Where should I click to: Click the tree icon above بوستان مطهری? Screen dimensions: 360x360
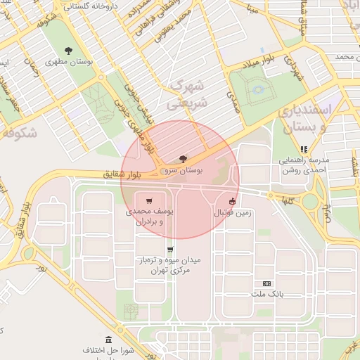click(x=68, y=50)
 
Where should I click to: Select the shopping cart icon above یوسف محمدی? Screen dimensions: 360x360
click(x=148, y=200)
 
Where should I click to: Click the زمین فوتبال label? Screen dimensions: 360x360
click(x=233, y=212)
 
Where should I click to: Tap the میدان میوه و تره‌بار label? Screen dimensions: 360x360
click(x=169, y=264)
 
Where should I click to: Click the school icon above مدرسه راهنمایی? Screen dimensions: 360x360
click(x=304, y=149)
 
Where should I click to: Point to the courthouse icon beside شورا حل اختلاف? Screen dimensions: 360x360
click(x=108, y=340)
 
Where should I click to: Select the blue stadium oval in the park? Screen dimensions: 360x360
click(x=258, y=90)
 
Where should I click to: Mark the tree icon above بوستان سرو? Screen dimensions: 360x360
click(x=184, y=159)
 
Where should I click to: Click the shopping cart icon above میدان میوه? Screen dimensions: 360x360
click(x=169, y=250)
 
